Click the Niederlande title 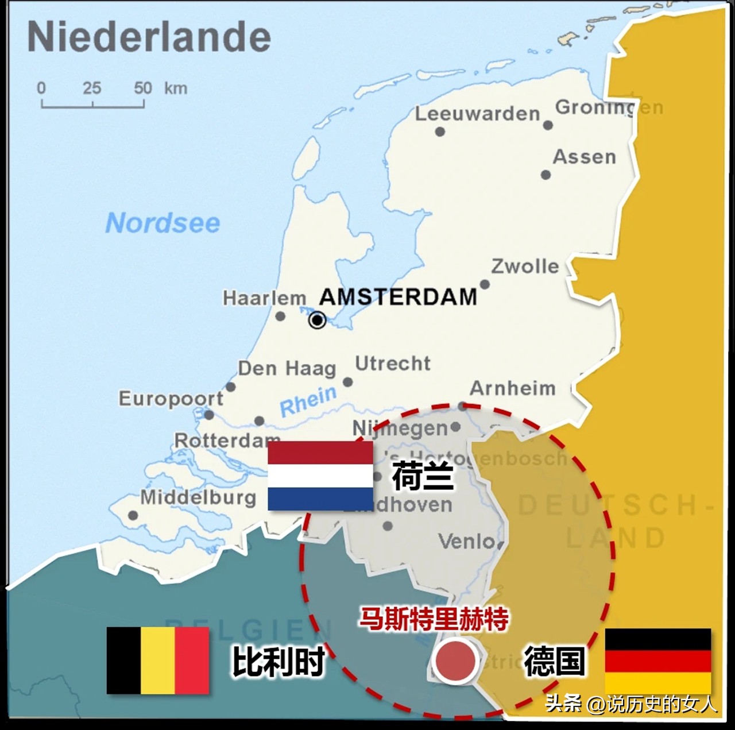(x=149, y=37)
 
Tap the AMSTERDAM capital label (x=398, y=297)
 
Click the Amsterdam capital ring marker (x=317, y=320)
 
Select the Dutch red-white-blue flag (x=320, y=476)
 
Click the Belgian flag (x=158, y=660)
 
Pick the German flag (x=658, y=661)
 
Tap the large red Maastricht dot (x=455, y=661)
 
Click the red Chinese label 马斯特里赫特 (x=434, y=619)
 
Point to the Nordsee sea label (x=163, y=223)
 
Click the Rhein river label (x=308, y=400)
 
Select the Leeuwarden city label (x=477, y=114)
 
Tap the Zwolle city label (x=525, y=266)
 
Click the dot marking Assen (x=546, y=175)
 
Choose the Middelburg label (x=198, y=497)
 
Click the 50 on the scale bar (x=143, y=88)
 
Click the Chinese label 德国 (x=554, y=661)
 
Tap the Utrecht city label (x=393, y=363)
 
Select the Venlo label (x=466, y=541)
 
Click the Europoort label (x=171, y=398)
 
